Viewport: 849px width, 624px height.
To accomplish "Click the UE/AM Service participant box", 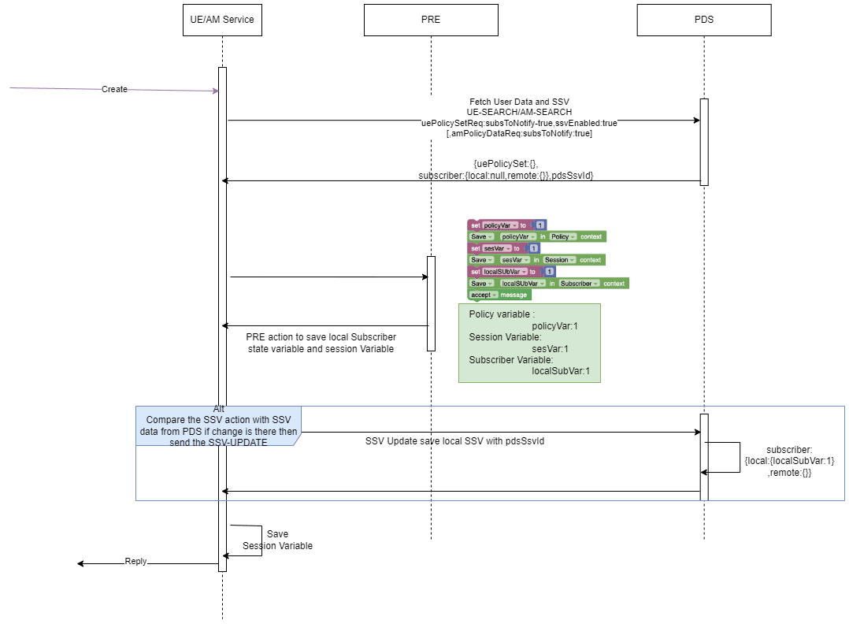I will coord(222,20).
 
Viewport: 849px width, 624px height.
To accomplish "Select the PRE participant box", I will coord(431,20).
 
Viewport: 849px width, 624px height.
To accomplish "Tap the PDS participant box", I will coord(704,20).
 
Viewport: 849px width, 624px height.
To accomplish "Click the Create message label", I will coord(114,89).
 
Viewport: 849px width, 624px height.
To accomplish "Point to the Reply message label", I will coord(135,561).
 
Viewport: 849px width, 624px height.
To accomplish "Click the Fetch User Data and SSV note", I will coord(519,118).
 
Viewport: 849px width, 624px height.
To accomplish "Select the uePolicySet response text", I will coord(506,169).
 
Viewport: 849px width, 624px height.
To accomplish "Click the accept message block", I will coord(499,295).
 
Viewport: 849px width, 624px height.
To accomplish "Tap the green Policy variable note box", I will coord(529,344).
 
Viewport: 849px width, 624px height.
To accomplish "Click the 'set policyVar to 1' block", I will coord(506,225).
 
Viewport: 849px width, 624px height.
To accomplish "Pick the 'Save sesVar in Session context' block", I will coord(536,260).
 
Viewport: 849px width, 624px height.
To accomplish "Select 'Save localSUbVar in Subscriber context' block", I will coord(548,283).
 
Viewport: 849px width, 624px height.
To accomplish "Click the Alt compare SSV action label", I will coord(218,426).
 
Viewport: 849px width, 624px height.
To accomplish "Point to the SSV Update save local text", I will coord(454,441).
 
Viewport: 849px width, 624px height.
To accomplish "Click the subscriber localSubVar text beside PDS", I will coord(788,461).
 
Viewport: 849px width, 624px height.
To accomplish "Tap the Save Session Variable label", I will coord(277,540).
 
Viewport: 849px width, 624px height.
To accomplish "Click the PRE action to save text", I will coord(321,342).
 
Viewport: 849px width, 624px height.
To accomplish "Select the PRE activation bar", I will coord(431,303).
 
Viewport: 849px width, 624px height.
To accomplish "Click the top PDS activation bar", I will coord(704,142).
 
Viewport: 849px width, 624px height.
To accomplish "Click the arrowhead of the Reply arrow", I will coord(80,563).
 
